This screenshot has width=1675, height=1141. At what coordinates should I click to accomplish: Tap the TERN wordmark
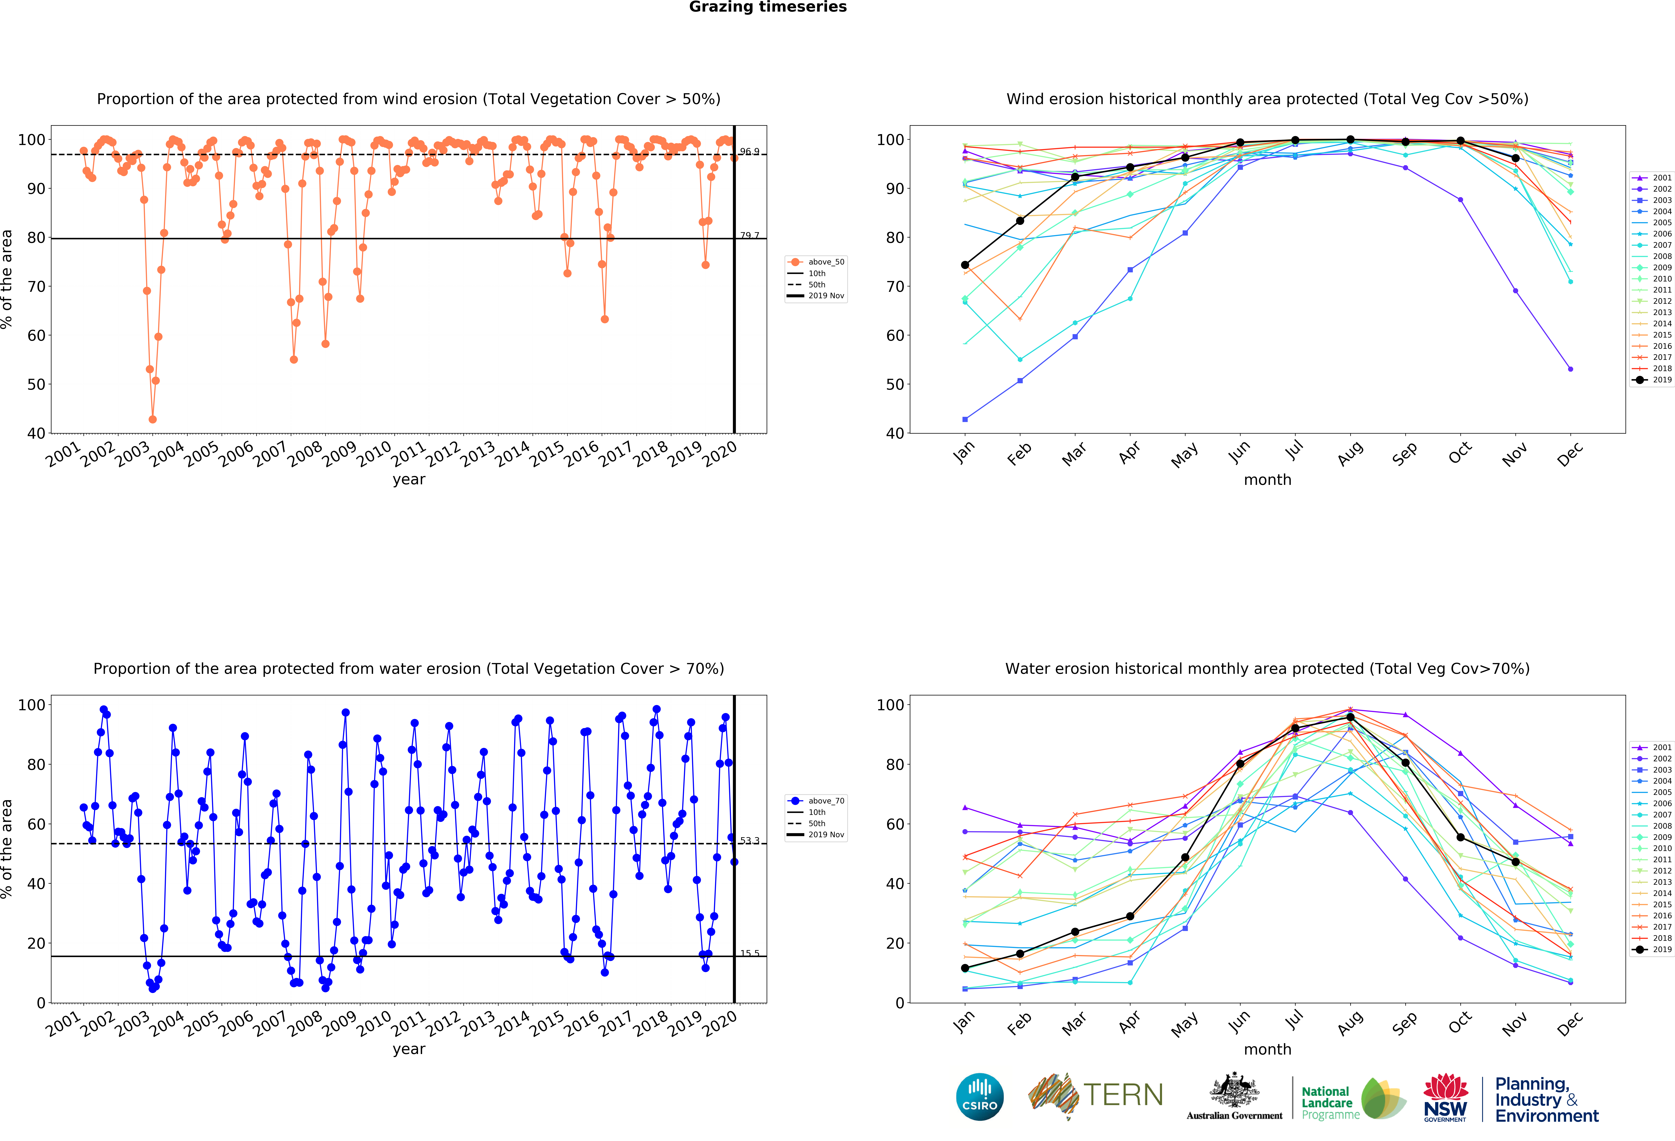(x=1123, y=1095)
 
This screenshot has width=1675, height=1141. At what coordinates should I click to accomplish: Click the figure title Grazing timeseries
(x=768, y=7)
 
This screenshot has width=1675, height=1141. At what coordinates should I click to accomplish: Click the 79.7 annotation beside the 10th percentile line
(x=749, y=236)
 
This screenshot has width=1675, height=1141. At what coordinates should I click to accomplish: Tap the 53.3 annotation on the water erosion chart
(x=749, y=841)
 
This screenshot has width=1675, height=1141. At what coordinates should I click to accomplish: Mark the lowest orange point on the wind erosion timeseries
(x=152, y=419)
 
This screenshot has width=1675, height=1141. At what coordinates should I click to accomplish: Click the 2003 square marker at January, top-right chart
(x=965, y=419)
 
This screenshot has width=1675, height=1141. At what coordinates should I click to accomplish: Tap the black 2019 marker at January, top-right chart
(x=965, y=265)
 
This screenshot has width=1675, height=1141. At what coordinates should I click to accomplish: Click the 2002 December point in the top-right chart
(x=1570, y=369)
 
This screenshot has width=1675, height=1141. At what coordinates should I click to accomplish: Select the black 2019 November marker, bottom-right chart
(x=1516, y=862)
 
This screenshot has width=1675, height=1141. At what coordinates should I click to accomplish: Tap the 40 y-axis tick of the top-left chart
(x=36, y=434)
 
